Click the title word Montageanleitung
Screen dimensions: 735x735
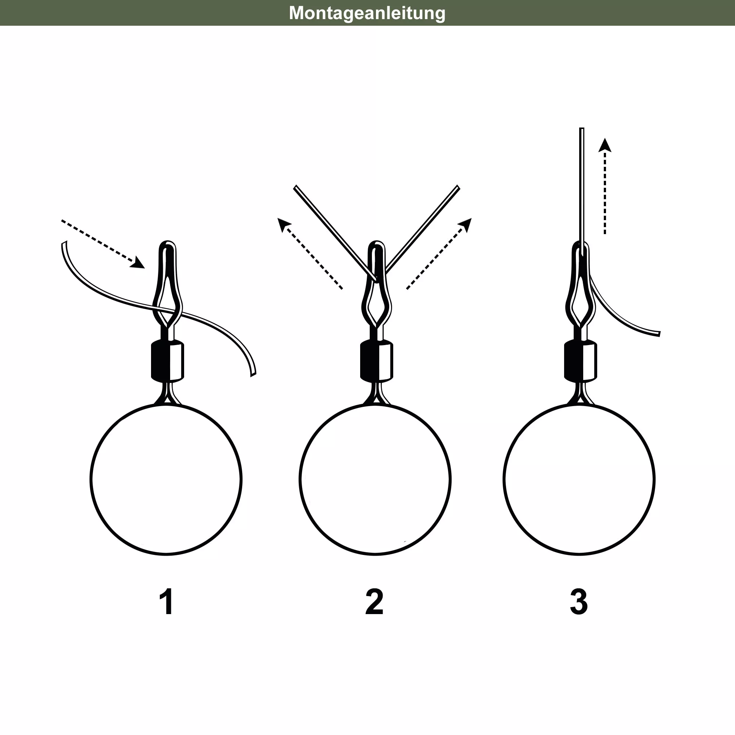(367, 13)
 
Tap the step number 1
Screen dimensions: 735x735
(167, 602)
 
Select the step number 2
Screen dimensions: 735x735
(374, 602)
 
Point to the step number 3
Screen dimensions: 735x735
(579, 602)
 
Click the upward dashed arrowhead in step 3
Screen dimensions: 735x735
(605, 145)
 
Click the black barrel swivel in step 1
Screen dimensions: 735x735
(167, 361)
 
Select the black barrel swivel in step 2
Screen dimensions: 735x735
(377, 361)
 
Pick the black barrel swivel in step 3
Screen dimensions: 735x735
(581, 361)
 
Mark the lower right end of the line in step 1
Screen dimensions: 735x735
(253, 375)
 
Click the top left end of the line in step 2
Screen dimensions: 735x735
(295, 187)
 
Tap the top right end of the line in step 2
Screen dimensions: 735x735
(458, 187)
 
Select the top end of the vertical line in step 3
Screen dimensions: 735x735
(582, 129)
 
